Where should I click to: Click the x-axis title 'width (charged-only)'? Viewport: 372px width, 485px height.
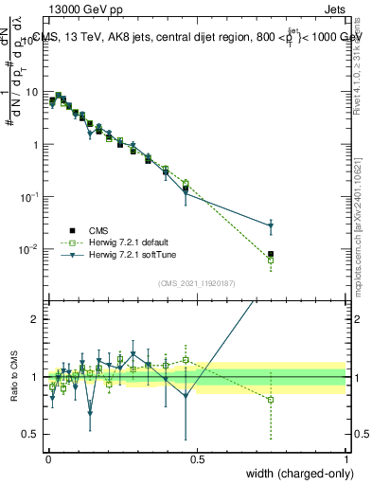pos(294,474)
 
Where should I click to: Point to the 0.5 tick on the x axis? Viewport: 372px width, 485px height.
pos(197,458)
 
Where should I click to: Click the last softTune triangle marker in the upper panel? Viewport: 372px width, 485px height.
pos(271,225)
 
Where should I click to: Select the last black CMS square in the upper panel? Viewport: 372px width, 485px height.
pos(271,254)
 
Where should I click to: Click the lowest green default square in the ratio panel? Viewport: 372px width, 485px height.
pos(271,400)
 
